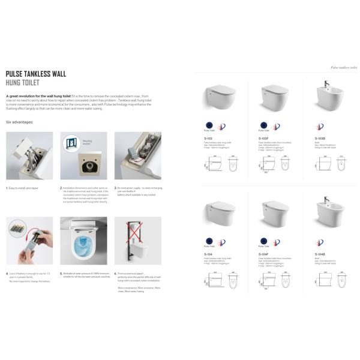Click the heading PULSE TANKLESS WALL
[36, 74]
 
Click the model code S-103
[209, 137]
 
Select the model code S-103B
[320, 137]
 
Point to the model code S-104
[209, 253]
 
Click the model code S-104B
[320, 253]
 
